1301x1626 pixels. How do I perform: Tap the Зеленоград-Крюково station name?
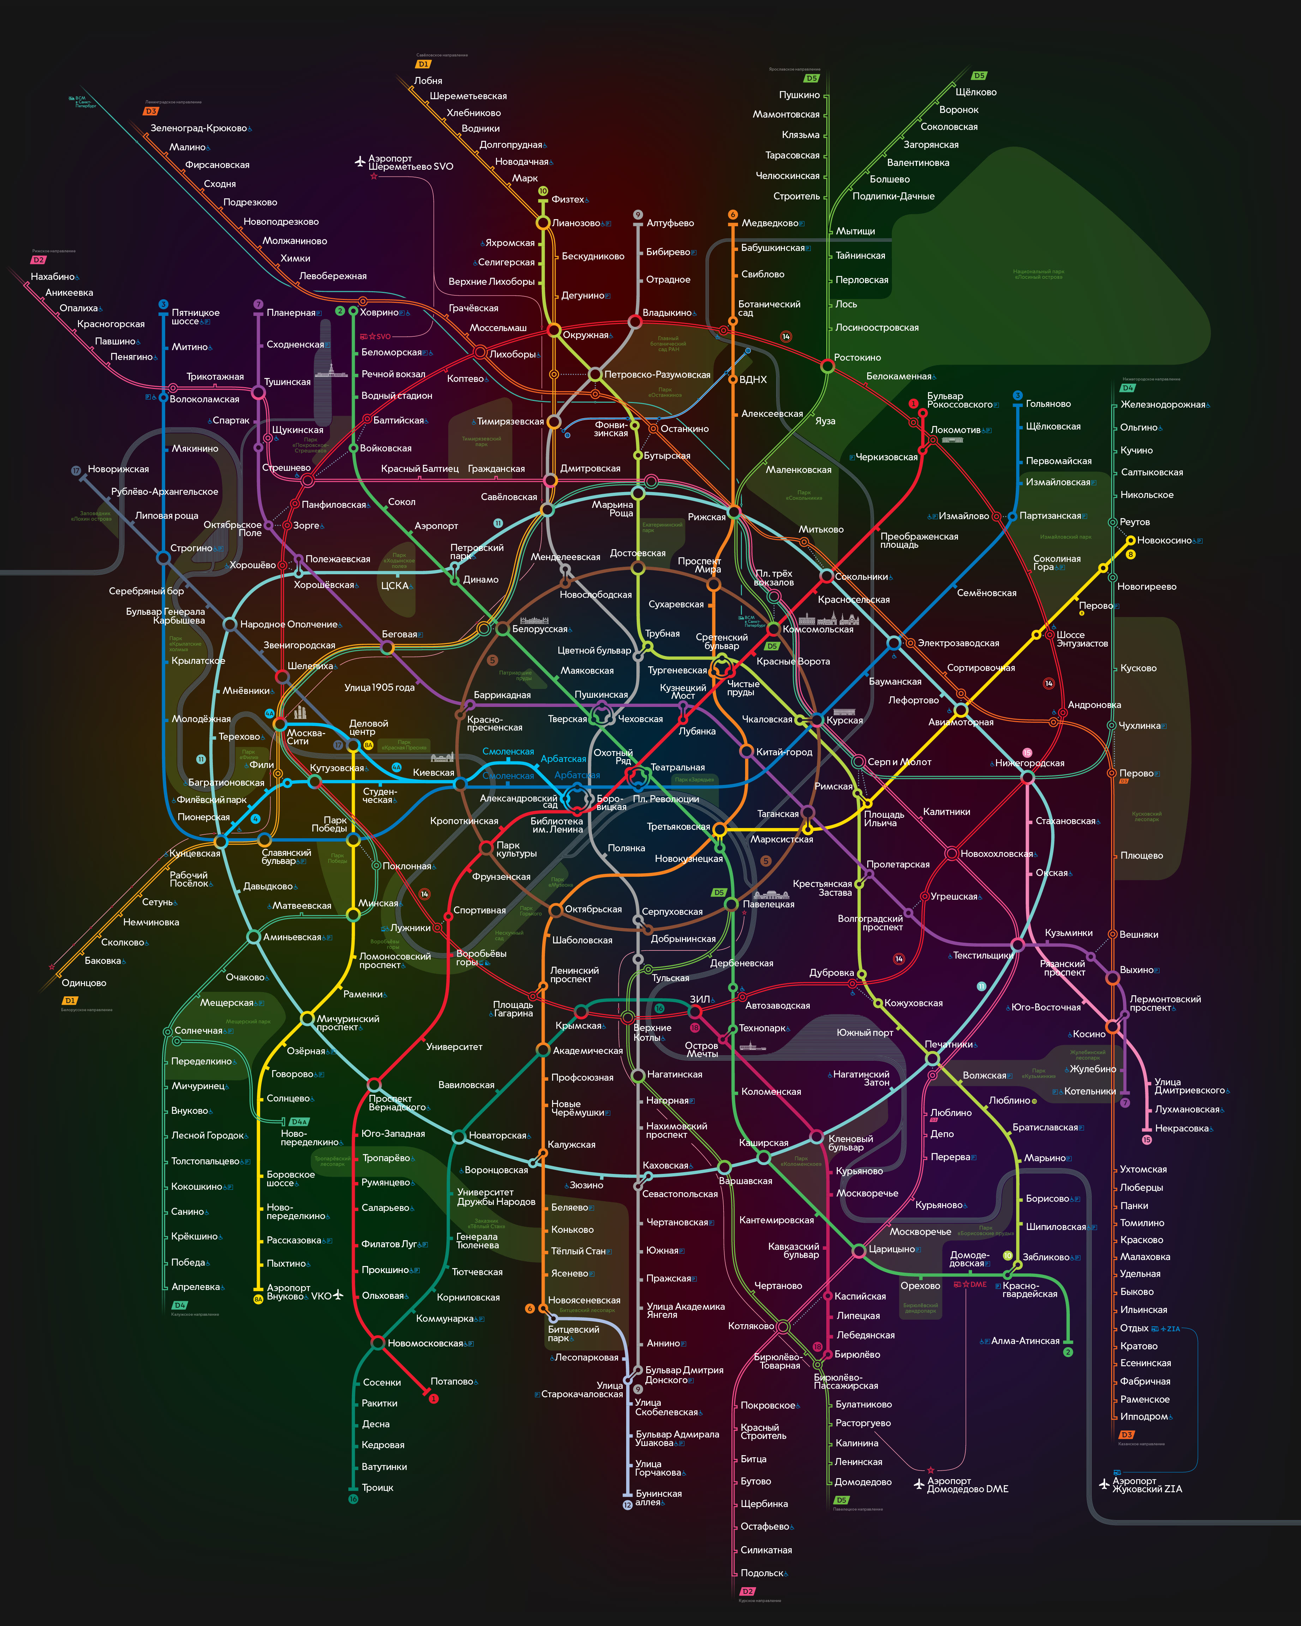198,128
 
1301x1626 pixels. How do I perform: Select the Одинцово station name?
84,983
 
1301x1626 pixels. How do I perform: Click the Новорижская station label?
118,469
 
